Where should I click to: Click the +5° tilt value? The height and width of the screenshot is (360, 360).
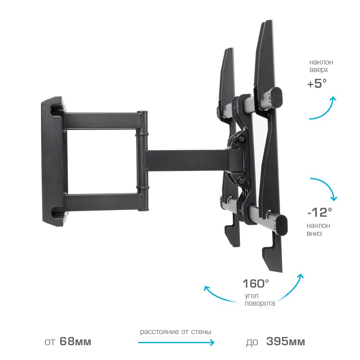pos(317,84)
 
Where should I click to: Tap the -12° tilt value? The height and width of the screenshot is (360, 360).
pos(320,212)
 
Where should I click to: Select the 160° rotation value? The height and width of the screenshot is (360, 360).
pos(256,284)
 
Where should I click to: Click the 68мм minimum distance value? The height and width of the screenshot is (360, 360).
pos(75,341)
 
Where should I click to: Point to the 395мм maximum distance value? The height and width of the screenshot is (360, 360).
pos(285,341)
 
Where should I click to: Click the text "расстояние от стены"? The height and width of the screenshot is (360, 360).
pos(176,332)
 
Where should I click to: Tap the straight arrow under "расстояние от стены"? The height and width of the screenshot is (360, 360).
pos(176,343)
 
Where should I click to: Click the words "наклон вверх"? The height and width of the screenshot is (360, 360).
pos(321,66)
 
